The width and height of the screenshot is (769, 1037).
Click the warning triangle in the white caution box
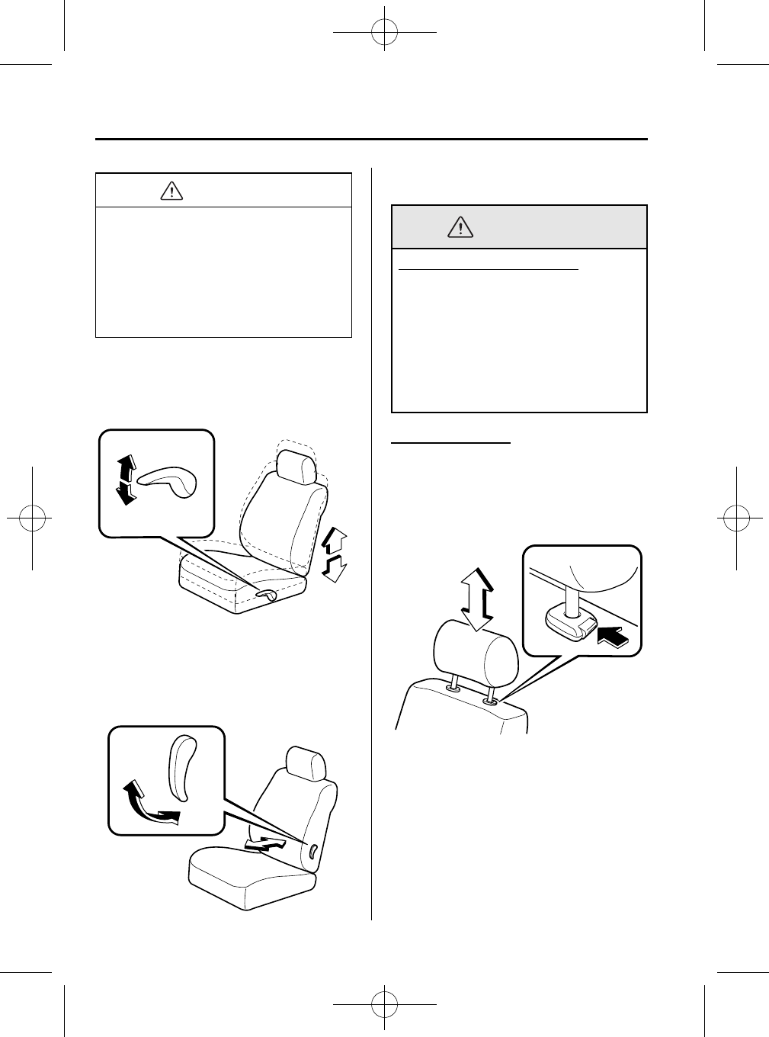point(173,191)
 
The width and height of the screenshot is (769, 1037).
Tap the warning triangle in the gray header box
point(459,226)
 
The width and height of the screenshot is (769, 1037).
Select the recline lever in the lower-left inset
point(181,768)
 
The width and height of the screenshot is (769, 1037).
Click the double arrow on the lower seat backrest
point(268,843)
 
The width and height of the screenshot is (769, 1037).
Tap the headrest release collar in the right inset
point(566,623)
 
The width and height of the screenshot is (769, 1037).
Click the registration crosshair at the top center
point(384,33)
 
